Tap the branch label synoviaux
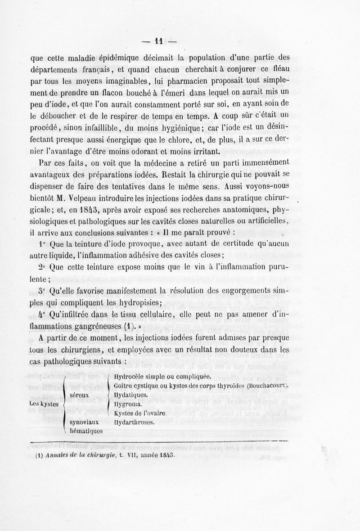[x=85, y=422]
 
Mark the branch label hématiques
[x=86, y=431]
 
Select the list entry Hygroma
[x=126, y=404]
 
